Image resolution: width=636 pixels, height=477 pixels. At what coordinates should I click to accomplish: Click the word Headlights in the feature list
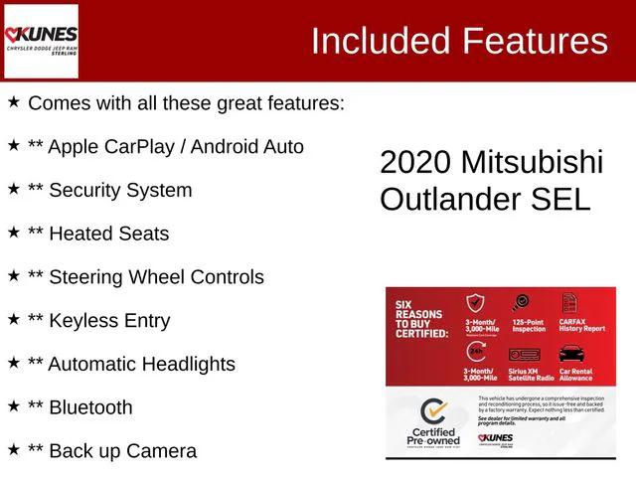[x=184, y=364]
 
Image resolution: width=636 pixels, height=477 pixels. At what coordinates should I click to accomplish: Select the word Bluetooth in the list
[x=90, y=407]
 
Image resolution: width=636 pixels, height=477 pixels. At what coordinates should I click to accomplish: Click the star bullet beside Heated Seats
[x=14, y=233]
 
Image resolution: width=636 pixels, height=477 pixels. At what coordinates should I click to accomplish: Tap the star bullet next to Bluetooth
[x=14, y=406]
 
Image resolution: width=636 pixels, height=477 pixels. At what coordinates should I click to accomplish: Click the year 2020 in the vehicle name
[x=415, y=163]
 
